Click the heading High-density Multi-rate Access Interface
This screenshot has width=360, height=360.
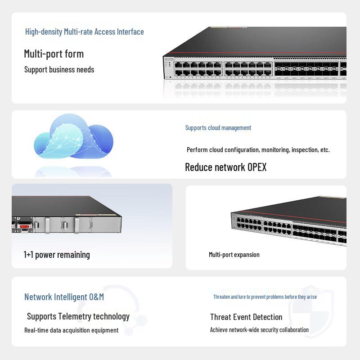pos(85,31)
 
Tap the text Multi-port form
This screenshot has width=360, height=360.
pos(54,54)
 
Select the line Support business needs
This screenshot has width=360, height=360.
pos(59,70)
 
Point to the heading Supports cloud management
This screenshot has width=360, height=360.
pos(218,128)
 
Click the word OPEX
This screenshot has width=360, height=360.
pos(257,167)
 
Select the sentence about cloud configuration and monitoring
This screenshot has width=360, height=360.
pos(258,150)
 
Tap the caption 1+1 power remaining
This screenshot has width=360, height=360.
pos(57,255)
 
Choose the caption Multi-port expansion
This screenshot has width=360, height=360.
pos(234,255)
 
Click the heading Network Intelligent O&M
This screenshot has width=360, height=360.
pos(64,297)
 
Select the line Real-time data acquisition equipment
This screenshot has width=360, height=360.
pos(72,330)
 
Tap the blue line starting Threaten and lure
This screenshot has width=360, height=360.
pos(265,297)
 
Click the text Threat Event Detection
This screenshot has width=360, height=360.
pos(246,317)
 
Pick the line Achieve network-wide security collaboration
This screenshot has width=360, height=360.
pos(260,330)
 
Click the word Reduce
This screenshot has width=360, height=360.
pos(198,167)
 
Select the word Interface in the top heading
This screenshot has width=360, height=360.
pos(130,31)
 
